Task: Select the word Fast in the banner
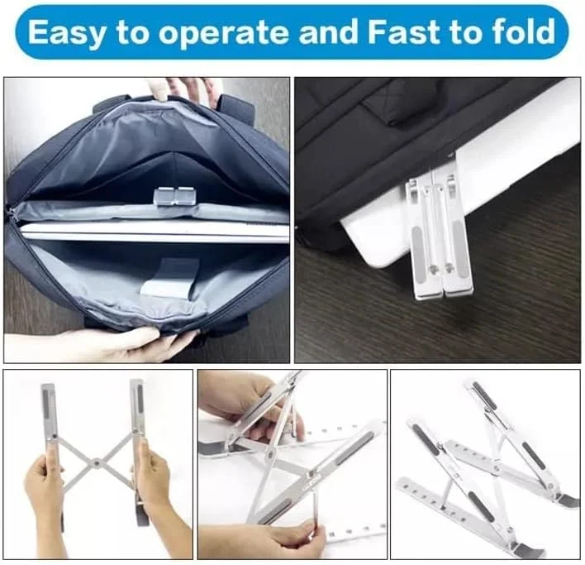(405, 31)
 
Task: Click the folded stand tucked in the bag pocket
(173, 196)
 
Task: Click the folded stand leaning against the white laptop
(440, 235)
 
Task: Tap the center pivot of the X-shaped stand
(97, 463)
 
